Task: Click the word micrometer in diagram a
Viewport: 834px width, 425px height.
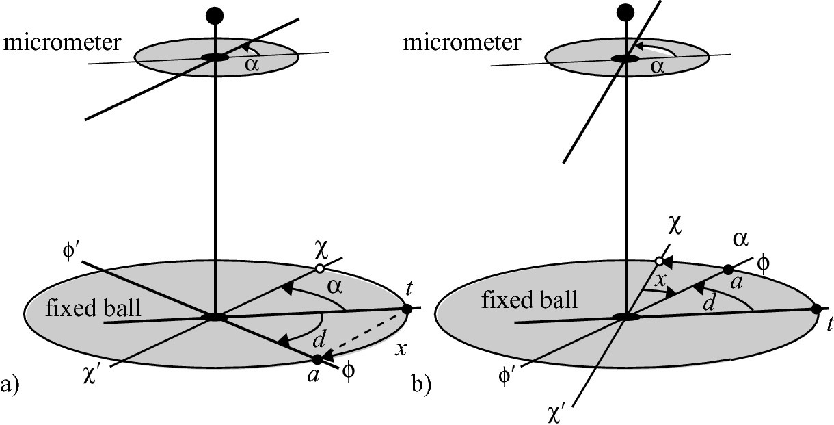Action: click(63, 44)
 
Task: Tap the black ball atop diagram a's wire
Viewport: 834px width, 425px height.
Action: click(215, 15)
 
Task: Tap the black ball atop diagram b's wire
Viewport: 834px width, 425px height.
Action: click(625, 12)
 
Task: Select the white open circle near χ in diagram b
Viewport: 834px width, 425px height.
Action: click(659, 261)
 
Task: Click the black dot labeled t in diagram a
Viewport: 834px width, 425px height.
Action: click(407, 309)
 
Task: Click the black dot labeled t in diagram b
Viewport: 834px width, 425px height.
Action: click(816, 309)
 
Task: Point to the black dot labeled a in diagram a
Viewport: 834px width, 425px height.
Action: click(317, 359)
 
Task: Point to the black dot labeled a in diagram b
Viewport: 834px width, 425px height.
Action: click(728, 269)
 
